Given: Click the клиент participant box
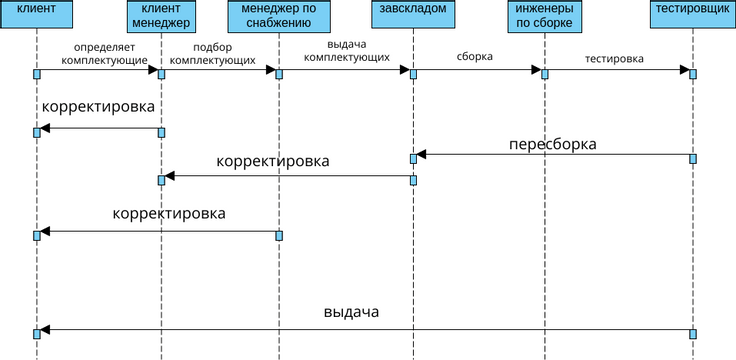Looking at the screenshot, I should click(36, 16).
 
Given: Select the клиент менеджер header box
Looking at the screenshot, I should click(160, 16).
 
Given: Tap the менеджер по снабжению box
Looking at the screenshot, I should click(278, 16).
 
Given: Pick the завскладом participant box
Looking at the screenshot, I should click(413, 16).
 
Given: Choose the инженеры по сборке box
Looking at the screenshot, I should click(544, 16).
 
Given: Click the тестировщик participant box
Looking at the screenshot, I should click(691, 16).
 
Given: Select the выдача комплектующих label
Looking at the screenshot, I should click(346, 52).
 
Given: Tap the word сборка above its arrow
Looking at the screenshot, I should click(474, 57).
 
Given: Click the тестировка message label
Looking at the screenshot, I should click(614, 57).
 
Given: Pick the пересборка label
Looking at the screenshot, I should click(552, 144).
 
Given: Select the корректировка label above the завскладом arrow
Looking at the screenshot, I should click(273, 161).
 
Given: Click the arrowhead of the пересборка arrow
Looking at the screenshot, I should click(422, 154).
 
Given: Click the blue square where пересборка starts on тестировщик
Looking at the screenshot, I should click(692, 158).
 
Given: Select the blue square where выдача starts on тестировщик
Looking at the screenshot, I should click(692, 333).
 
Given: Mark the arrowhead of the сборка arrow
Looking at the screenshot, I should click(536, 70).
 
